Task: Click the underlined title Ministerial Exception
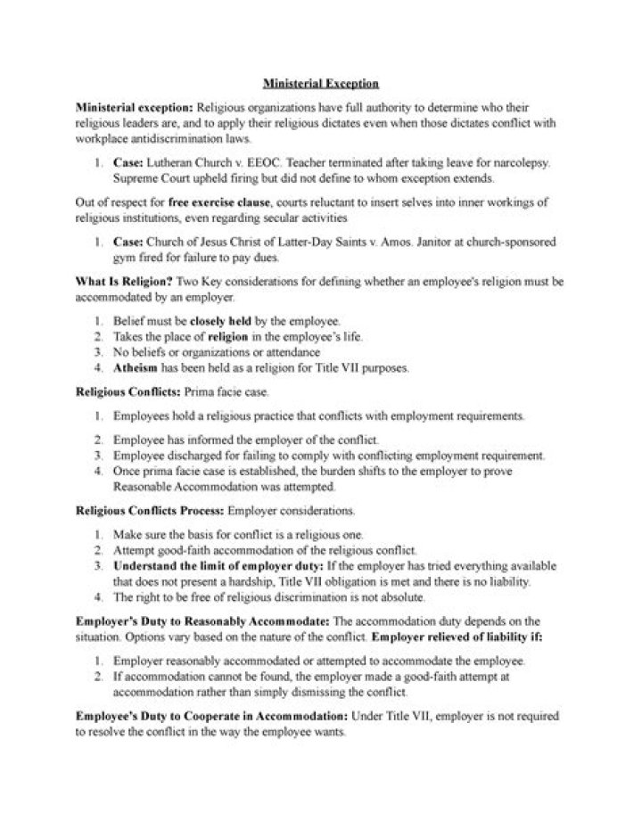(x=321, y=83)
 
